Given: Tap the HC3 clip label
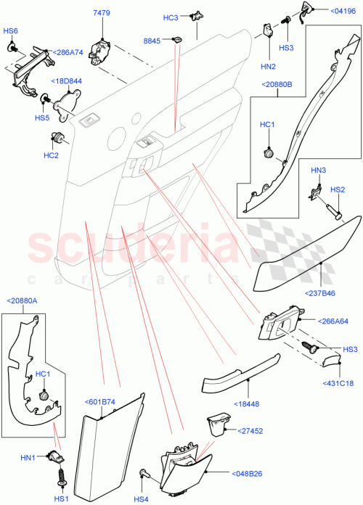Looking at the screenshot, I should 170,17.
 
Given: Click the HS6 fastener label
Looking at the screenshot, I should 11,31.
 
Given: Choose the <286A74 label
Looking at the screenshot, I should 66,52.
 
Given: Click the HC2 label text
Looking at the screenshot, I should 51,154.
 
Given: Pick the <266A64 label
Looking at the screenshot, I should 333,321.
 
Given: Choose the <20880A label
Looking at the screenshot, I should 22,301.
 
